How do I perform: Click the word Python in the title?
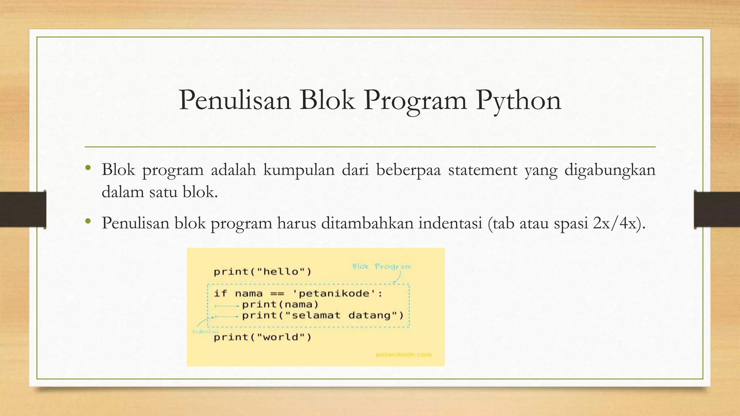(x=519, y=100)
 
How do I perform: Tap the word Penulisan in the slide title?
(x=235, y=100)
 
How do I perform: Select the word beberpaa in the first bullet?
(x=408, y=170)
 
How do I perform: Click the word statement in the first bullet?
(x=483, y=170)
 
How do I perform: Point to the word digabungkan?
(x=610, y=170)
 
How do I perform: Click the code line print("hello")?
(x=262, y=272)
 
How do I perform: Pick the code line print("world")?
(x=262, y=337)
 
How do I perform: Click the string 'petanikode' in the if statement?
(x=335, y=293)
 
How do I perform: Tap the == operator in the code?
(x=277, y=294)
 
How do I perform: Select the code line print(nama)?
(x=280, y=304)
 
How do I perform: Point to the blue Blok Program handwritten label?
(x=382, y=266)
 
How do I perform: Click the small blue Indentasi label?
(x=205, y=331)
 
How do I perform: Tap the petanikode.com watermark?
(x=404, y=355)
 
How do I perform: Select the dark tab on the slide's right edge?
(x=717, y=209)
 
